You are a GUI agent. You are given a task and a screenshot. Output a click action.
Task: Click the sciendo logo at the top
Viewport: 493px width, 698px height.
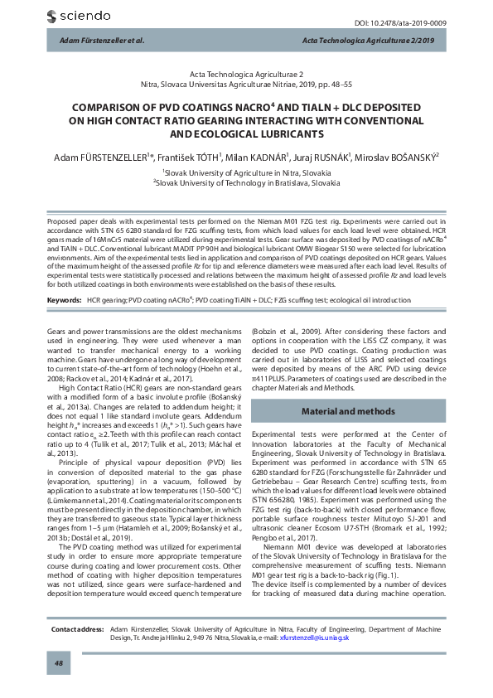coord(80,15)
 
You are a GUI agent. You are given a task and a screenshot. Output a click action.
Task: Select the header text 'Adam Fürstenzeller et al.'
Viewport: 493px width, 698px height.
coord(97,40)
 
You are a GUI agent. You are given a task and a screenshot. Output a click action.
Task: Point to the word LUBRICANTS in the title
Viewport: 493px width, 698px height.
coord(281,133)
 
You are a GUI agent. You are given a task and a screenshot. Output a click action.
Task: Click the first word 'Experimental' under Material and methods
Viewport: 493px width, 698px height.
coord(273,434)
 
